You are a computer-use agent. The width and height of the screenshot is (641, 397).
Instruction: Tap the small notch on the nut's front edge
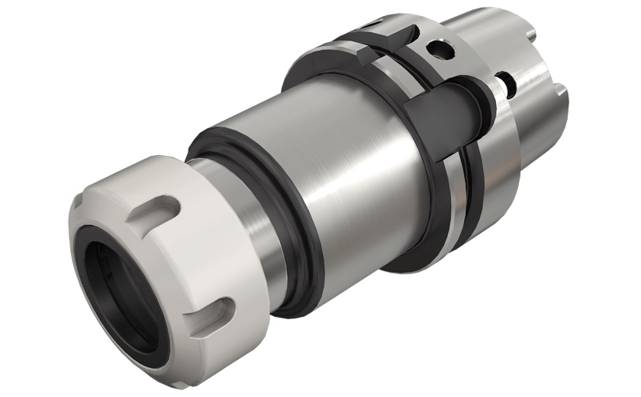point(79,197)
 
